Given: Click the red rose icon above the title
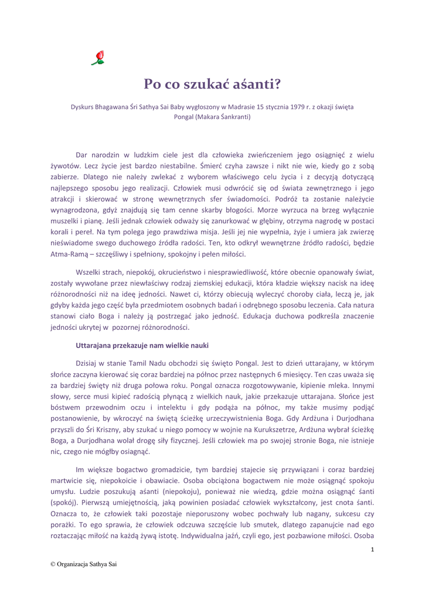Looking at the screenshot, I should click(99, 57).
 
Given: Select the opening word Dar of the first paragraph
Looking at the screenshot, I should click(83, 155).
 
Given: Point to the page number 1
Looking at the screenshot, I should click(372, 549).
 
